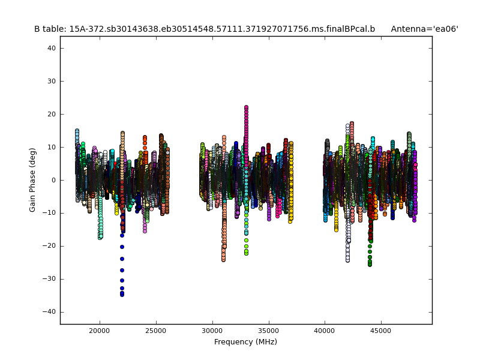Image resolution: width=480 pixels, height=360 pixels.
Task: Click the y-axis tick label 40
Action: coord(52,48)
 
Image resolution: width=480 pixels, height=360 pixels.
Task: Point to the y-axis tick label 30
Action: coord(52,81)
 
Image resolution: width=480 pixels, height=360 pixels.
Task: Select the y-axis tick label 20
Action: coord(52,114)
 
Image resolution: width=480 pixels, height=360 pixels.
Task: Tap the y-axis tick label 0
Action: coord(53,180)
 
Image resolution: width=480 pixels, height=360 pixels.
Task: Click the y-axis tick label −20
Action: coord(50,246)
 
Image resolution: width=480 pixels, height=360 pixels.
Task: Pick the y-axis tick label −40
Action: coord(50,312)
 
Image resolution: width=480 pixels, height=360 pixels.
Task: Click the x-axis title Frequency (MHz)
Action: coord(245,342)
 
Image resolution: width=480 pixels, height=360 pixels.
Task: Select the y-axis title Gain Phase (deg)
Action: coord(33,180)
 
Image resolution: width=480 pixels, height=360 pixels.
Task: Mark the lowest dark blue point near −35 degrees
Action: coord(122,295)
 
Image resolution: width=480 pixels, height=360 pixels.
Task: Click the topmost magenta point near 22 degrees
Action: coord(246,107)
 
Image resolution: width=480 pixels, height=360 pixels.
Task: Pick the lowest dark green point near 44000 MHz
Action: coord(370,264)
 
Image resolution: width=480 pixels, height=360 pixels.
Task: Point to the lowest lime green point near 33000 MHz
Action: coord(246,253)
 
